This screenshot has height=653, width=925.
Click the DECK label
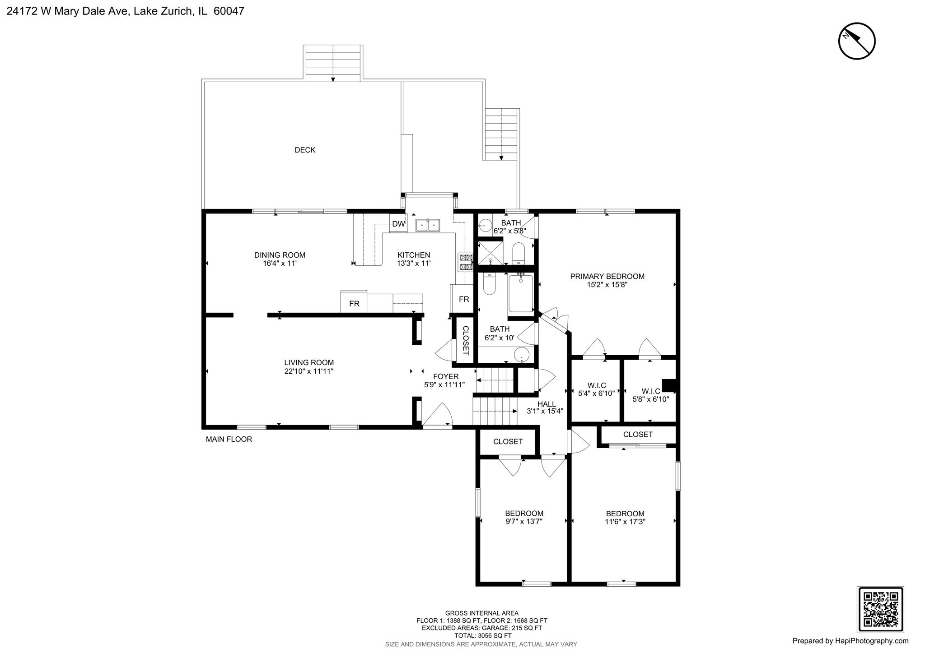(x=305, y=150)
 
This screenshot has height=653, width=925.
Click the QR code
(x=880, y=609)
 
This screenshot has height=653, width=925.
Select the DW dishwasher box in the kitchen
(x=398, y=224)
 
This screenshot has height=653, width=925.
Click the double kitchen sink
(x=428, y=224)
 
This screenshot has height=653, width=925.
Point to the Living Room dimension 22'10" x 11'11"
(x=309, y=371)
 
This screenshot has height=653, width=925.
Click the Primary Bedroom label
(x=607, y=276)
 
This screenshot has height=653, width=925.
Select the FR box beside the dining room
(x=354, y=304)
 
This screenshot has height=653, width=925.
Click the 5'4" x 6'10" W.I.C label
(x=596, y=389)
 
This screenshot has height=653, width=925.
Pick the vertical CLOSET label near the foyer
(x=466, y=340)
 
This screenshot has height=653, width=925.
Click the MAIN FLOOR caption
(x=229, y=439)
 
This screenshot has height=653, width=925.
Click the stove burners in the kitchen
(x=466, y=262)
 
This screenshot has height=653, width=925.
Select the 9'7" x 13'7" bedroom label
(x=524, y=517)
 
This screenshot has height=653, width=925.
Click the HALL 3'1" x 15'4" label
(x=547, y=408)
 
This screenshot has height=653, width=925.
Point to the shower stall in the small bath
(x=490, y=253)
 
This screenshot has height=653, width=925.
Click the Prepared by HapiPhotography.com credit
(x=850, y=641)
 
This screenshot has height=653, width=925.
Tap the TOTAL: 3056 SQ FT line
(x=481, y=635)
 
